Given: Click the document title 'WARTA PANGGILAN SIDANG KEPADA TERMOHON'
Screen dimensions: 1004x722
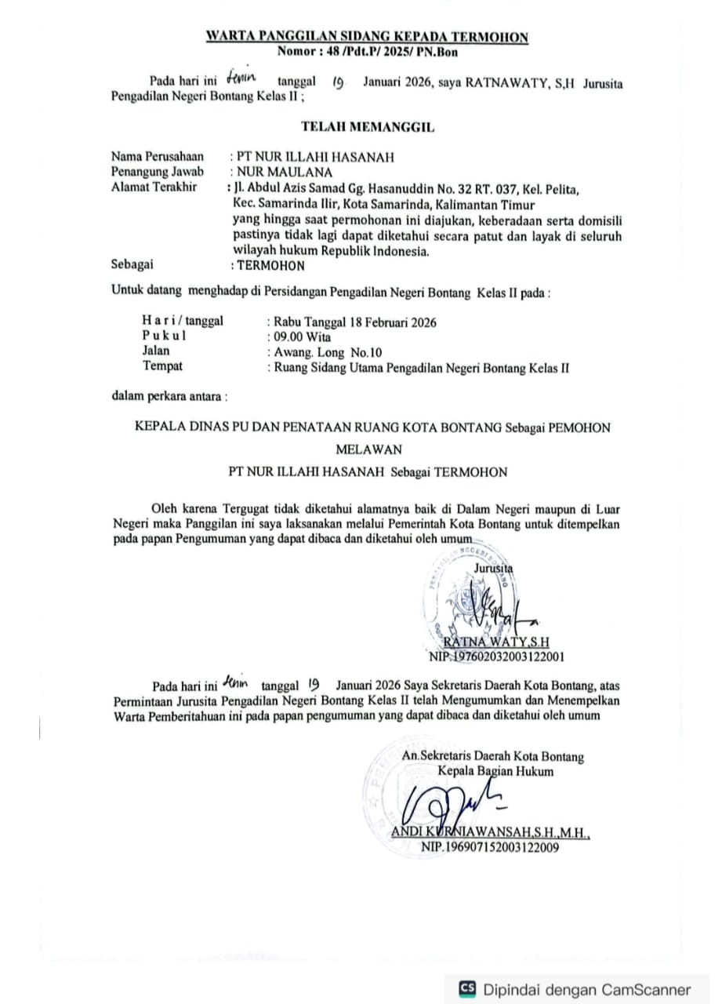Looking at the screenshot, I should pyautogui.click(x=366, y=36).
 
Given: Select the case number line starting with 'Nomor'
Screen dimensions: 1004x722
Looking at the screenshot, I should pyautogui.click(x=367, y=52).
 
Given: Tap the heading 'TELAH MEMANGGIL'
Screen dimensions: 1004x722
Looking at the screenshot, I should pyautogui.click(x=367, y=126).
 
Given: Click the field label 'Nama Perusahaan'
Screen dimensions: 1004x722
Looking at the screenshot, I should pyautogui.click(x=158, y=157).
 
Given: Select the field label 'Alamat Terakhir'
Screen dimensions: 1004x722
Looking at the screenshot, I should pyautogui.click(x=154, y=187).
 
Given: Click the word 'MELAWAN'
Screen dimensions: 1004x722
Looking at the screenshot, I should pyautogui.click(x=368, y=449).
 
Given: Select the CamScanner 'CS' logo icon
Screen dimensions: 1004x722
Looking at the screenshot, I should pyautogui.click(x=468, y=988).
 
